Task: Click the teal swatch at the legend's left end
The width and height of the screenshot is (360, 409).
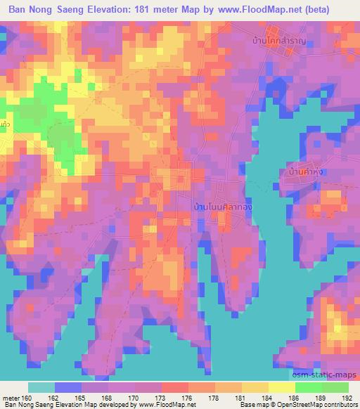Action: pos(41,387)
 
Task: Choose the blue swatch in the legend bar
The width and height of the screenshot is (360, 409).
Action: pos(67,387)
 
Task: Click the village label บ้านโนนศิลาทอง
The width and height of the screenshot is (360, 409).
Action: pos(223,209)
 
